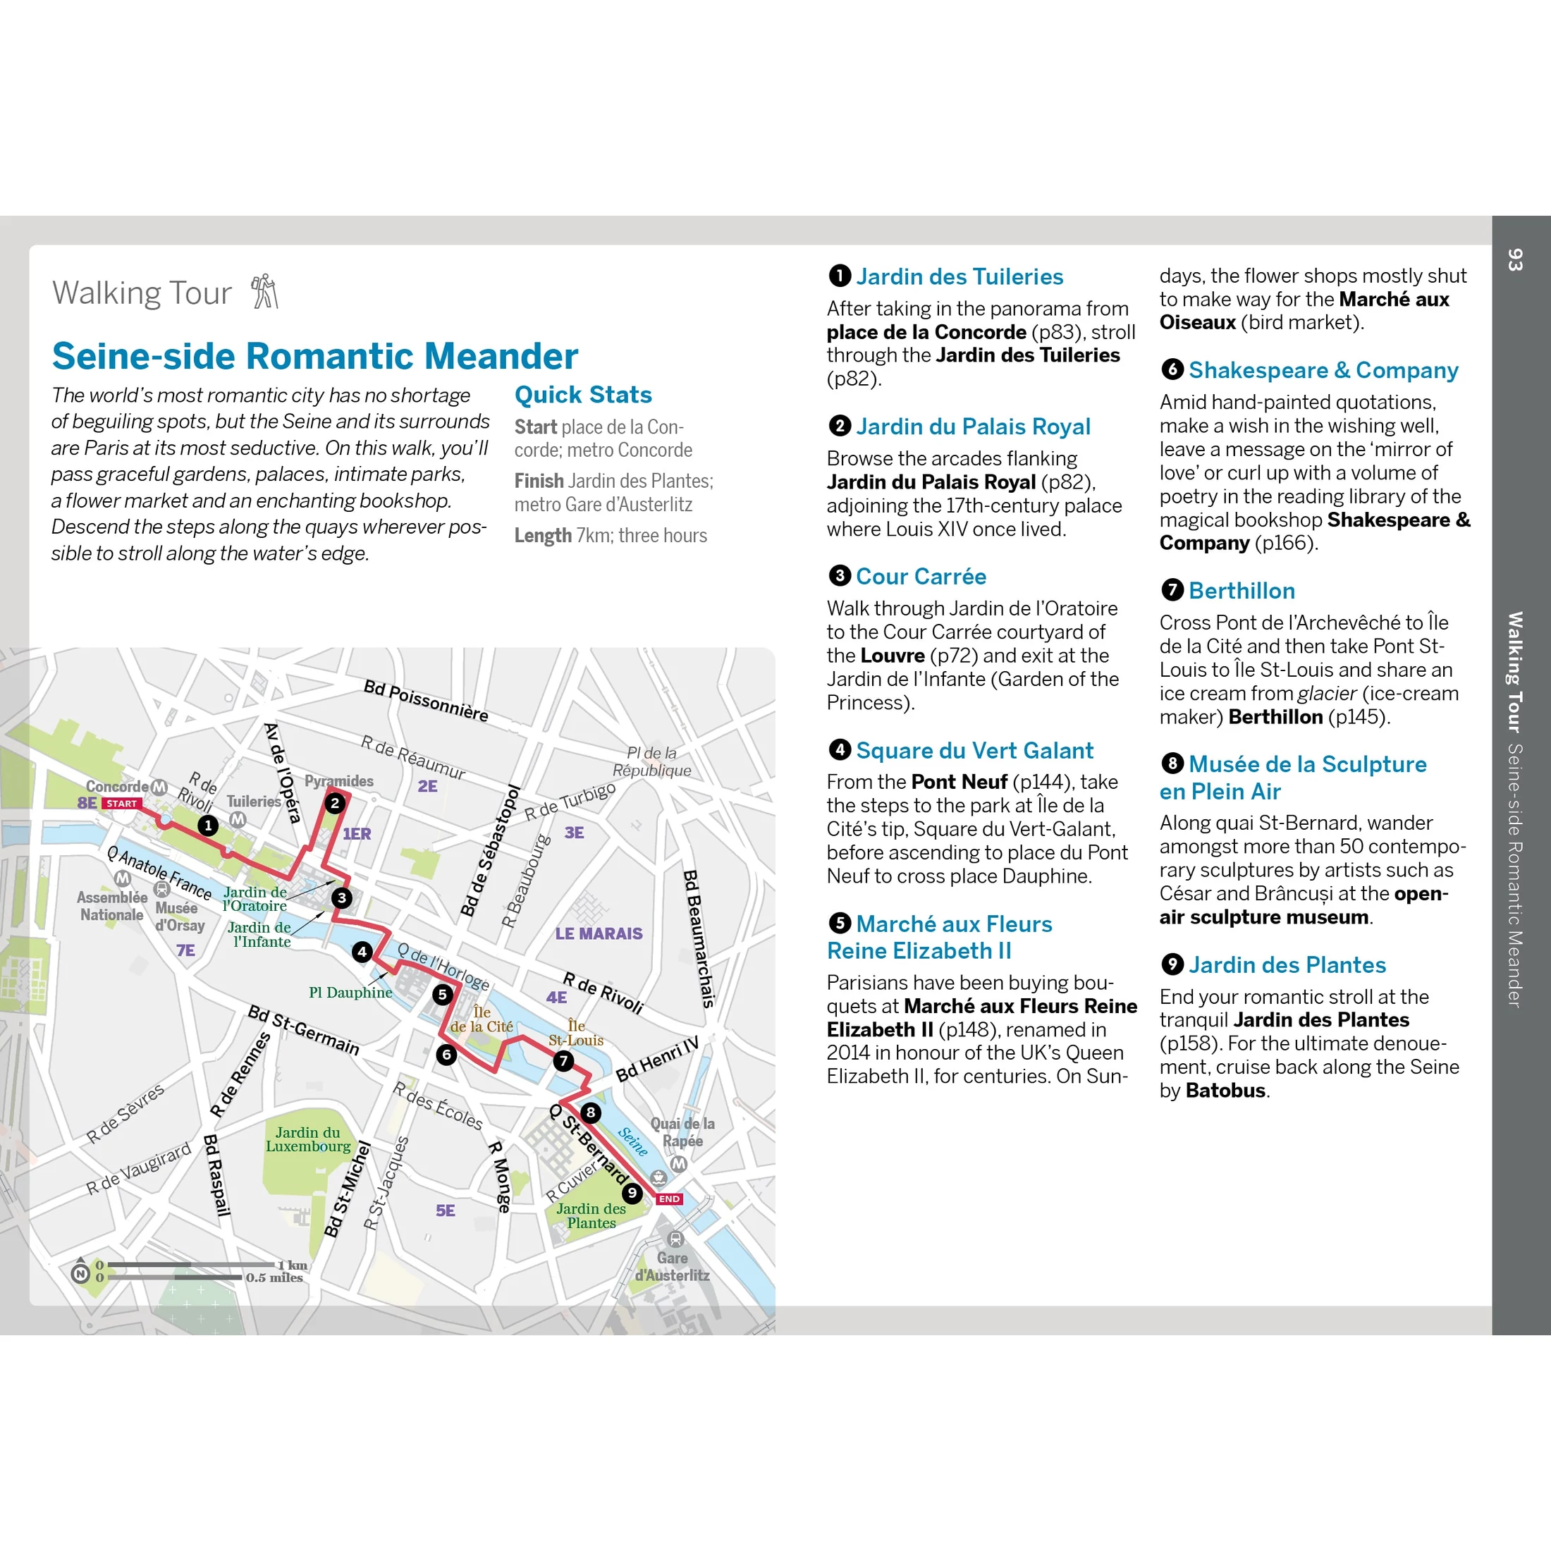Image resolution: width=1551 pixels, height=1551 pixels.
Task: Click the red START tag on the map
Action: [x=122, y=804]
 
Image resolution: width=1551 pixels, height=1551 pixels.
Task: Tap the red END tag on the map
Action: [x=670, y=1198]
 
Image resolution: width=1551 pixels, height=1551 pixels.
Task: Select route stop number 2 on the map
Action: [x=336, y=803]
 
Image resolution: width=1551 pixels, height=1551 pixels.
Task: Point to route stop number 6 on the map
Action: [x=446, y=1054]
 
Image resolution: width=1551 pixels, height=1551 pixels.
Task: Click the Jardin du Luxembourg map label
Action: [x=307, y=1139]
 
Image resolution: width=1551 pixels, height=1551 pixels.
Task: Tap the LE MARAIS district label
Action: [x=599, y=933]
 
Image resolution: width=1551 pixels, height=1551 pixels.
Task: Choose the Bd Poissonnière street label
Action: [x=426, y=701]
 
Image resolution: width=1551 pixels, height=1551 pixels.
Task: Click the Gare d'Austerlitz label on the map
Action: [x=673, y=1267]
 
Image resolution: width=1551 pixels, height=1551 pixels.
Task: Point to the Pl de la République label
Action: [x=652, y=762]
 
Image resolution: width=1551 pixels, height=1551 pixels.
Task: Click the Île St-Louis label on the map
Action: [x=575, y=1034]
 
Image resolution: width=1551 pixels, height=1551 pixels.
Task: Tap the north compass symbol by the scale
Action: [x=80, y=1273]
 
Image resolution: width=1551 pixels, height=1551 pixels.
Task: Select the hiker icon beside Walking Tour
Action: [x=264, y=291]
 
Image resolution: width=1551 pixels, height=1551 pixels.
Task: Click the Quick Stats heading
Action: [x=583, y=395]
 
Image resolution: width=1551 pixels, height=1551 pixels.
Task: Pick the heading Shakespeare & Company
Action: [x=1323, y=370]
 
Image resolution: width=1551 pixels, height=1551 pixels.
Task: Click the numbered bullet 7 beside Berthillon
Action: [x=1172, y=590]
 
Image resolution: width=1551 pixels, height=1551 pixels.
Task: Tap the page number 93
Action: [x=1515, y=259]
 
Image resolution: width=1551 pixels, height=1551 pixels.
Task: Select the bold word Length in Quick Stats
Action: [x=543, y=536]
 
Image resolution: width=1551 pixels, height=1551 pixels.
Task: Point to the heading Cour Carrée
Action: [x=921, y=577]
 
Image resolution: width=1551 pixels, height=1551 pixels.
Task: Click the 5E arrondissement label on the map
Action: [x=446, y=1210]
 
